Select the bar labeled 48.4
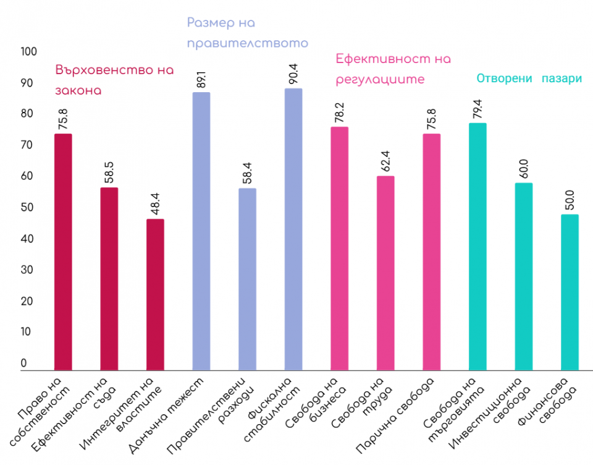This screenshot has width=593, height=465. point(155,294)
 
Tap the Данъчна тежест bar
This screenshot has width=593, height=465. point(201,231)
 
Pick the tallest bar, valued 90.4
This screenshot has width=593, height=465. point(293,229)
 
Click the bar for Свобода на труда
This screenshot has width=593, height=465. point(385,273)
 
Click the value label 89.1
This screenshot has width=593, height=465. point(201,80)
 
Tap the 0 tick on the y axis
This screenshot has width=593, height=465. point(24,363)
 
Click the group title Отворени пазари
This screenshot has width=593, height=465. point(529,79)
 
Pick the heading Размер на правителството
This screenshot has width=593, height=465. point(247,33)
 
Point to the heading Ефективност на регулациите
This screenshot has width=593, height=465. point(393,69)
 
